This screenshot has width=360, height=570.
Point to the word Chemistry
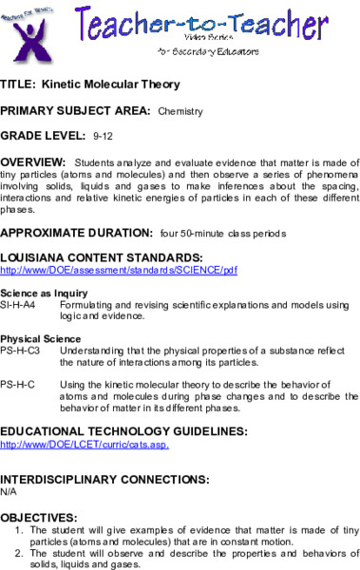coord(180,111)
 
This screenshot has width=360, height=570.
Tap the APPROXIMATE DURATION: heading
coord(76,231)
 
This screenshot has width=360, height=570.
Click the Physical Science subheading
coord(33,339)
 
